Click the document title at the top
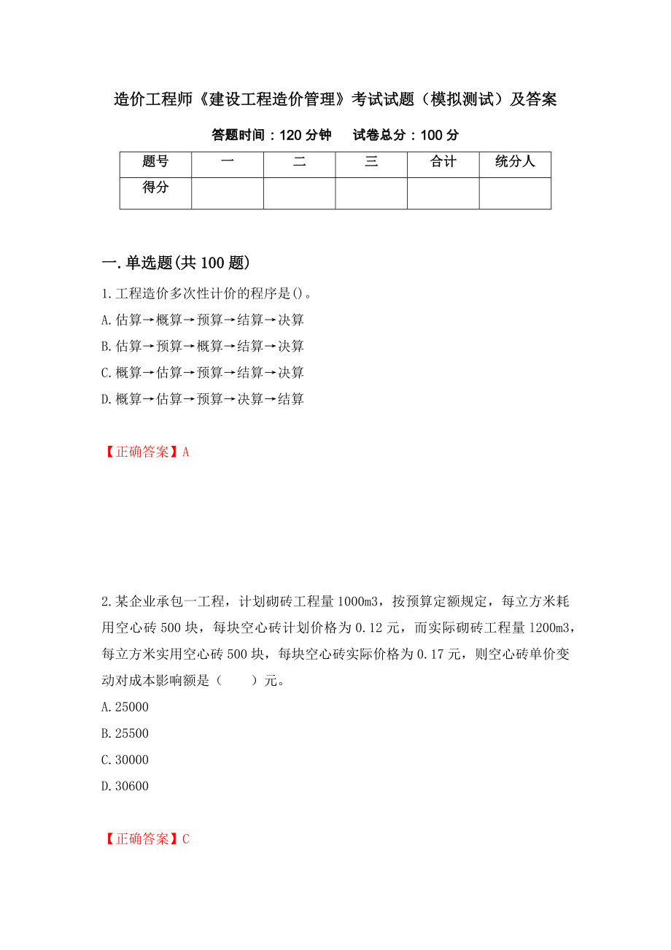point(335,100)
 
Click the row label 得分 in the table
point(155,188)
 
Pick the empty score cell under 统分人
point(515,193)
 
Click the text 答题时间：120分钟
point(271,135)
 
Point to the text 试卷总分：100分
point(406,135)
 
